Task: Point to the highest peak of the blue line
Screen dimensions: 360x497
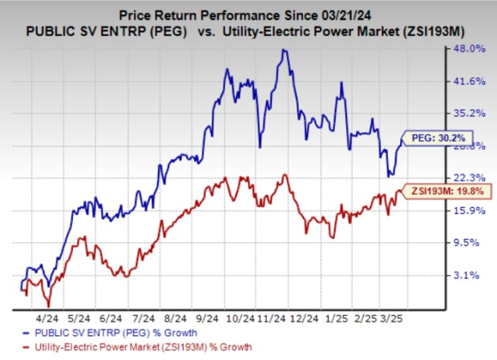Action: tap(283, 51)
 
